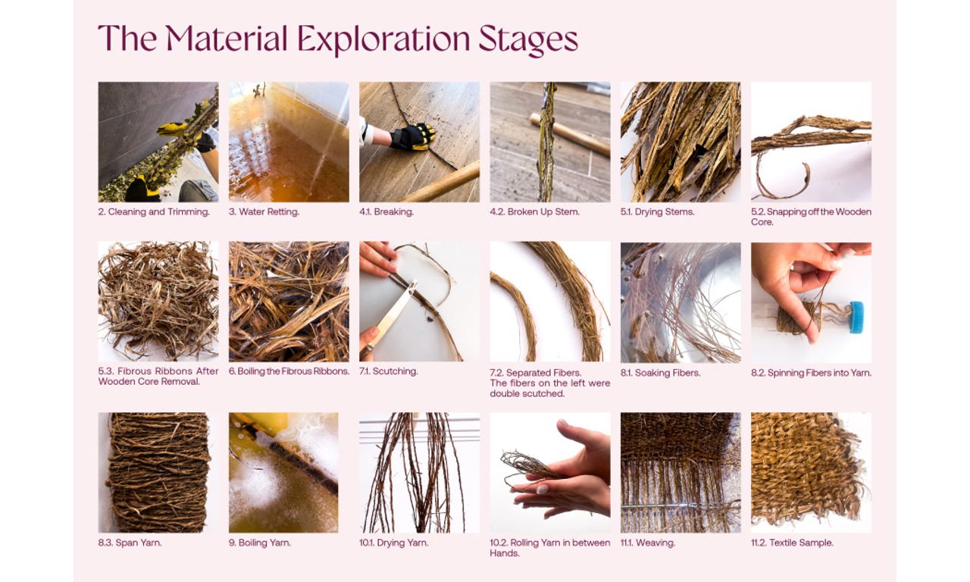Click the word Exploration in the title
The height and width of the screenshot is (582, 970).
(x=383, y=39)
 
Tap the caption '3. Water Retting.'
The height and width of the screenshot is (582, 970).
(x=264, y=211)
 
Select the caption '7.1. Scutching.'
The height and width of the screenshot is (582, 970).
(x=389, y=371)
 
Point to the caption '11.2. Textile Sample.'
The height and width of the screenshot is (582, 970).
(x=792, y=543)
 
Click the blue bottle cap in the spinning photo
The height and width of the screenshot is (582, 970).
(x=856, y=318)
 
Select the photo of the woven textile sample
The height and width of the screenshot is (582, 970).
(x=811, y=472)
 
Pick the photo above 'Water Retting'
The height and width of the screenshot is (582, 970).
(x=289, y=142)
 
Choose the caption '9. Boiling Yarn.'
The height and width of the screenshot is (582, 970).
(x=260, y=543)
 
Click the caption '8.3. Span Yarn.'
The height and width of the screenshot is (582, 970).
(x=130, y=543)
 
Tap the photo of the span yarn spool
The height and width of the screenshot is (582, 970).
(x=158, y=472)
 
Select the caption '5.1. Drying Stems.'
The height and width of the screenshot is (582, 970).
(x=657, y=211)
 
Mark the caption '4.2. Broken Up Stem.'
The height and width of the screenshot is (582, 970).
(x=534, y=211)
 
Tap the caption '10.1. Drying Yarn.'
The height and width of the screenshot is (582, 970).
(x=393, y=543)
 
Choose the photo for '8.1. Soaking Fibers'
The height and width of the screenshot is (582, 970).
(x=681, y=302)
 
